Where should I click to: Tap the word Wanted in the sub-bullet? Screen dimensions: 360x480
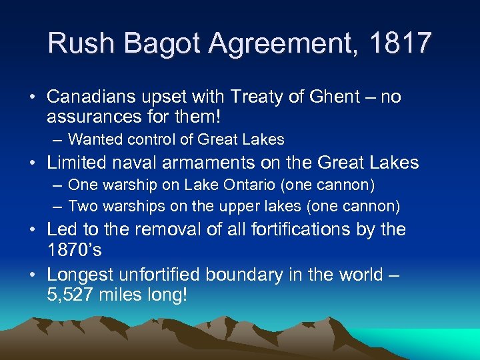tap(94, 140)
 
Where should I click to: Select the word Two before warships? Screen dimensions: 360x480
tap(81, 207)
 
